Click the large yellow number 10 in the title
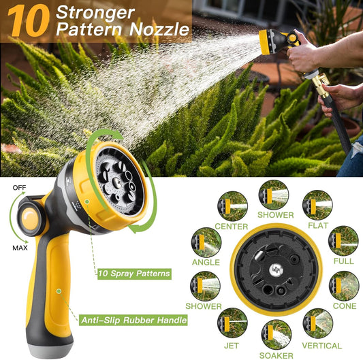tap(29, 20)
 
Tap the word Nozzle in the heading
tap(159, 29)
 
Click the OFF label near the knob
tap(19, 187)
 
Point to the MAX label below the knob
tap(20, 248)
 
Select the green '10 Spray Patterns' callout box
tap(134, 274)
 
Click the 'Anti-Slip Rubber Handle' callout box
tap(133, 321)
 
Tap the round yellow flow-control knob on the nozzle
tap(31, 218)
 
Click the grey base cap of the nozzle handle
tap(50, 350)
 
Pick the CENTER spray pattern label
tap(232, 226)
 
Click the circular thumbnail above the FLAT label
tap(317, 206)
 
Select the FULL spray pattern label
tap(343, 261)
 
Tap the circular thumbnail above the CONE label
tap(344, 286)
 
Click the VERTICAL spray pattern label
tap(321, 346)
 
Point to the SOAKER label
tap(277, 356)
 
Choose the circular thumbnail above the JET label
tap(232, 323)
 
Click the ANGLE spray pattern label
tap(206, 262)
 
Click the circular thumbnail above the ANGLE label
tap(206, 242)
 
